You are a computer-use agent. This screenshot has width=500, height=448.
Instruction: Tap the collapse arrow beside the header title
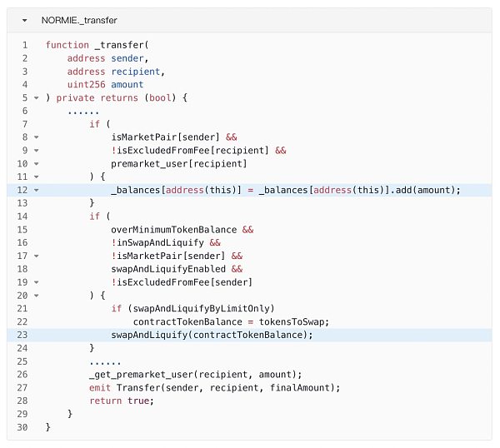(x=25, y=19)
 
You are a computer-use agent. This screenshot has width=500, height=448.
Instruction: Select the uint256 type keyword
(x=86, y=84)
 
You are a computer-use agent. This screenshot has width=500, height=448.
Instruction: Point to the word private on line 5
(x=75, y=97)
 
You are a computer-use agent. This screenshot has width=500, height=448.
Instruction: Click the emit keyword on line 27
(x=100, y=387)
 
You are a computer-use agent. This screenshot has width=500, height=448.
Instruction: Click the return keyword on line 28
(x=105, y=401)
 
